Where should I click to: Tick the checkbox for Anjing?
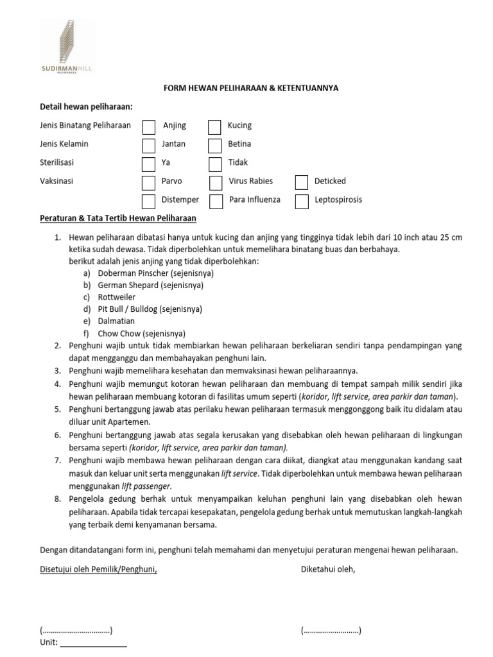coord(148,126)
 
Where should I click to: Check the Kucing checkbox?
coord(214,126)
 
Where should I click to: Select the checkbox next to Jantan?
coord(148,145)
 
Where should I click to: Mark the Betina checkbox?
coord(214,145)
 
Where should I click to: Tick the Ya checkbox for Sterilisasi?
coord(148,164)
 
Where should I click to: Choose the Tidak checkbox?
coord(214,164)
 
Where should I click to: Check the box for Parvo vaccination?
coord(148,182)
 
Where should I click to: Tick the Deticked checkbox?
coord(301,182)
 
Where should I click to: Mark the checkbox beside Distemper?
coord(148,201)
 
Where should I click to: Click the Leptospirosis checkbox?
coord(301,201)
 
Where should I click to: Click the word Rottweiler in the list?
coord(116,297)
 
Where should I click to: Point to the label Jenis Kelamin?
coord(64,144)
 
